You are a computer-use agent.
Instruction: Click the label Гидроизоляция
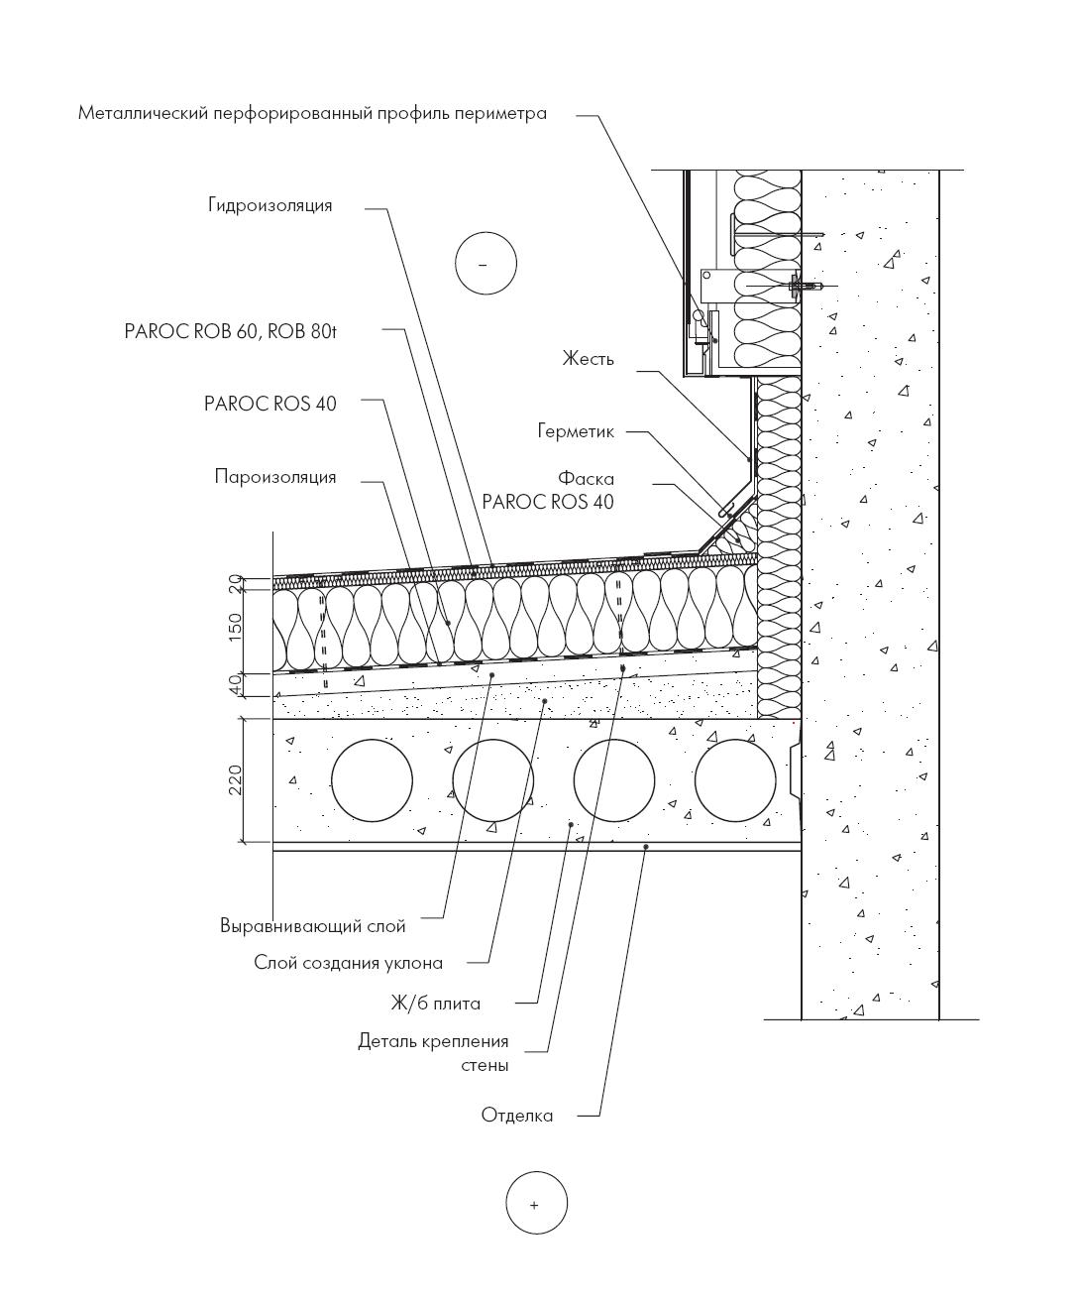(x=270, y=206)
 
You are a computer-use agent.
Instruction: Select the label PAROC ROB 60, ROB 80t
(x=230, y=332)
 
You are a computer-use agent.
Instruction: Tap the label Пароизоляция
(x=275, y=477)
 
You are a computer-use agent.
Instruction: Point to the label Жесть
(x=588, y=359)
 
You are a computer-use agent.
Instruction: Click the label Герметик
(x=576, y=431)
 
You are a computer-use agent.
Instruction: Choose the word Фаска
(x=586, y=479)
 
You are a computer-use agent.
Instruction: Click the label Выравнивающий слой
(x=313, y=926)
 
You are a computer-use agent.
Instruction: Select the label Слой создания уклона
(x=348, y=963)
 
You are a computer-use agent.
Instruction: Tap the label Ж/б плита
(x=435, y=1004)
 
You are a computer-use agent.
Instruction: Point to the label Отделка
(x=517, y=1116)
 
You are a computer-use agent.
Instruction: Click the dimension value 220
(x=236, y=780)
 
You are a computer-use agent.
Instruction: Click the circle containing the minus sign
(x=486, y=264)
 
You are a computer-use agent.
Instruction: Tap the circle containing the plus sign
(x=536, y=1204)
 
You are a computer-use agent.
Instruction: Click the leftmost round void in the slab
(x=372, y=780)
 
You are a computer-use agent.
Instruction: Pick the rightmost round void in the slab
(x=735, y=780)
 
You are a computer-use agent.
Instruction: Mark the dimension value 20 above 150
(x=236, y=584)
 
